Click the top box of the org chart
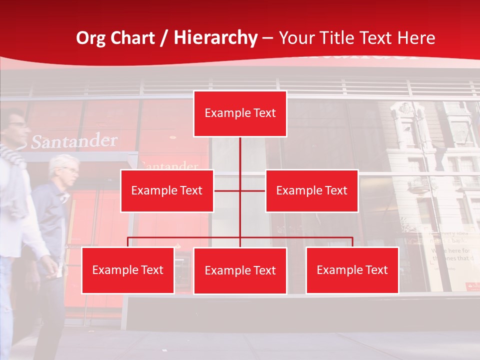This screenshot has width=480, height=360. coord(240,113)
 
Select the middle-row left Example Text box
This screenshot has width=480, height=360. coord(167,190)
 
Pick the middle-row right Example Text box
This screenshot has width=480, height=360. coord(311,190)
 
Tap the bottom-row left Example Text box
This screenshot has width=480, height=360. coord(128,270)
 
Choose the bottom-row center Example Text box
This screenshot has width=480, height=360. coord(240,270)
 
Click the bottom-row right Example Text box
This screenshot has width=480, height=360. coord(352,270)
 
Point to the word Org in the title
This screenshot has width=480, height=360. coord(90,38)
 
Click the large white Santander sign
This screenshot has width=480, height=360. coord(74,141)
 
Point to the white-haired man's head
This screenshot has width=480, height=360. coord(64,167)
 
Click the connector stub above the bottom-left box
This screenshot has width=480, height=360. coord(128,242)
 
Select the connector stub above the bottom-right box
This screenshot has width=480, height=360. coord(352,242)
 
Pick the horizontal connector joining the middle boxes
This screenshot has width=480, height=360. coord(239,190)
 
